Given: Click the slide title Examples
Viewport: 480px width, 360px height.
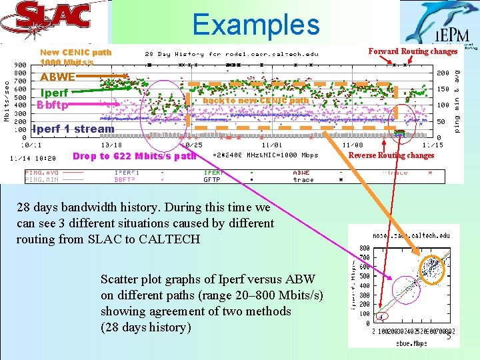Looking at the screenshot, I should (x=256, y=25).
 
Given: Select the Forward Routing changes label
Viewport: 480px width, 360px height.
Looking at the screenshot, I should (x=413, y=51).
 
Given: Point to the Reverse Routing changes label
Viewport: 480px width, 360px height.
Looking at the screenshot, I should (x=391, y=155).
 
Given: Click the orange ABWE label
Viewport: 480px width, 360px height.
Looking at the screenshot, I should (x=57, y=77).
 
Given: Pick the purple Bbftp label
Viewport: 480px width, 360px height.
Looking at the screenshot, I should (x=53, y=104).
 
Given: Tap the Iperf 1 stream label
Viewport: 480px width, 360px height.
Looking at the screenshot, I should (x=73, y=129).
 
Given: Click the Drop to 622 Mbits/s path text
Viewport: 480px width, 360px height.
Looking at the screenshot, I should (x=134, y=156).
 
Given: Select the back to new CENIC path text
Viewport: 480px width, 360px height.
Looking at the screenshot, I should (x=256, y=101).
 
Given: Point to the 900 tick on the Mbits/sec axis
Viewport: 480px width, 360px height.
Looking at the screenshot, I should (x=20, y=65).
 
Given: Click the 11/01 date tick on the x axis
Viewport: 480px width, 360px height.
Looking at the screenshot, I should (x=272, y=145).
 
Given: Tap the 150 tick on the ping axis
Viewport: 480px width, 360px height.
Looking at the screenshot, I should (x=443, y=89).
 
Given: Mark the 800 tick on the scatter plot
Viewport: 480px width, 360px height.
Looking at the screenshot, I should (x=365, y=249).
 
